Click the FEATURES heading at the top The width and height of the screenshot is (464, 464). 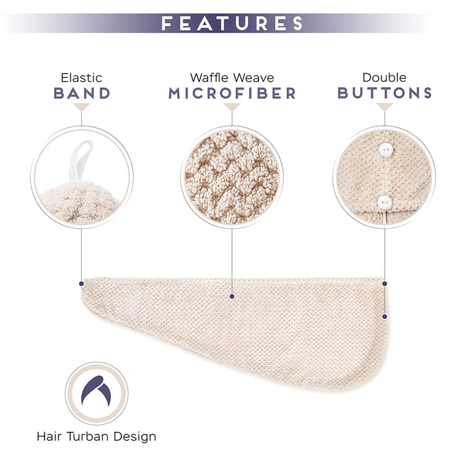coord(232,24)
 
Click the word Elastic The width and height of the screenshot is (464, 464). coord(82,78)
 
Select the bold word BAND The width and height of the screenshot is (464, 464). coord(82,93)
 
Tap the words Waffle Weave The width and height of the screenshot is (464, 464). coord(232,78)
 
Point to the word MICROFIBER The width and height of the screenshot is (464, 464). coord(232,93)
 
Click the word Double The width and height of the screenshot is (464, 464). coord(384,78)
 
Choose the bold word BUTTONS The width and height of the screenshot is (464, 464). coord(384,93)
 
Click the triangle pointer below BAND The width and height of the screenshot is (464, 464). coord(82,108)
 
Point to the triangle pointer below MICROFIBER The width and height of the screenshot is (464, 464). coord(232,108)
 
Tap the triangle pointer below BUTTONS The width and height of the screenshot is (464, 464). coord(385,108)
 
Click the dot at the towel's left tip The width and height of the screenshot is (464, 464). coord(82,283)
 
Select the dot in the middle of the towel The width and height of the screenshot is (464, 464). coord(232,296)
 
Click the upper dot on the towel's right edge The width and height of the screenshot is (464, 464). coord(385,283)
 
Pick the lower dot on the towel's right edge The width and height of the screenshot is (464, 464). coord(385,316)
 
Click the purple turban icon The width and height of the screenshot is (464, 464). coord(96,393)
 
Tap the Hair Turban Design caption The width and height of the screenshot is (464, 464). coord(96,437)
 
